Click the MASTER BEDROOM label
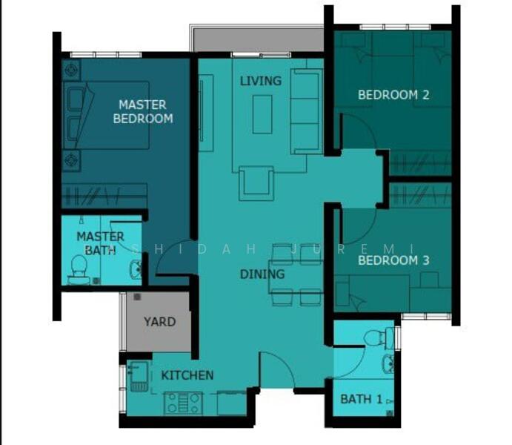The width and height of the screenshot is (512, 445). point(142,111)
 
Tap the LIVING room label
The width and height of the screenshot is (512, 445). point(260,80)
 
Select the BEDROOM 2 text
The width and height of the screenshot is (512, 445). point(393,95)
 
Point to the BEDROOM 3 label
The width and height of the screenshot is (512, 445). point(393,260)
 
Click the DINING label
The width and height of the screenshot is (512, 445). point(262,274)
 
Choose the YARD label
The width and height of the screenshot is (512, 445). point(159,322)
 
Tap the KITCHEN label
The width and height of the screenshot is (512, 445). point(187,375)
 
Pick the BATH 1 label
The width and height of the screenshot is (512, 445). point(361,399)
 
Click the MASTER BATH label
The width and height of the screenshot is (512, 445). point(100,243)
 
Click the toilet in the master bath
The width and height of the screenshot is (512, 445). point(78,268)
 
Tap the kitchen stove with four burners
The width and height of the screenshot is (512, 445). point(182,403)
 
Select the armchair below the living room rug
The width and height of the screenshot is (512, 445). point(256,182)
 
